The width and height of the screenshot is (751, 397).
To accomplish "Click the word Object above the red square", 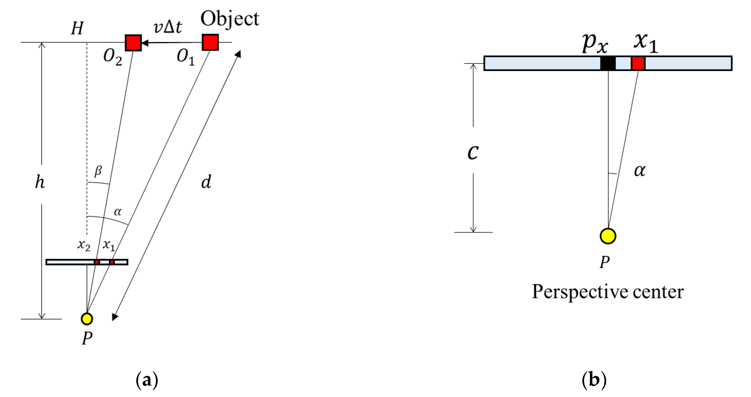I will tap(229, 19).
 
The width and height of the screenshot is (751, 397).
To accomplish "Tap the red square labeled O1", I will tap(210, 42).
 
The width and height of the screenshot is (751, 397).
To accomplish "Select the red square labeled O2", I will tap(133, 43).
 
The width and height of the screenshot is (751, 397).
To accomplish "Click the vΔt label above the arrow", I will tap(168, 27).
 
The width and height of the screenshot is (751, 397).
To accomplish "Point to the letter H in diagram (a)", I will tap(77, 29).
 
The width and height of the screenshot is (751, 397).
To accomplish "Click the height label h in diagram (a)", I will tap(40, 182).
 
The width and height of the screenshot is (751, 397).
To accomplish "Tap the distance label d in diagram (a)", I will tap(206, 182).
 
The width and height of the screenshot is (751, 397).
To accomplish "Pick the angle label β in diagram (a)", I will tap(98, 171).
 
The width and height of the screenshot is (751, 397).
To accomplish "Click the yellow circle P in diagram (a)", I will tap(87, 319).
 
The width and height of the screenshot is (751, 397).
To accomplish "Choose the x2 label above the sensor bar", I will tap(84, 245).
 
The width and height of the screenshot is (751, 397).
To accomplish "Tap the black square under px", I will tap(608, 63).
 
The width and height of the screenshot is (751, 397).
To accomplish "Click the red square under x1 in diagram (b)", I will tap(638, 63).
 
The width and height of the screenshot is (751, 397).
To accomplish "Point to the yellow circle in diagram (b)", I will tap(608, 236).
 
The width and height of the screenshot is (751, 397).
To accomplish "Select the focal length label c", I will tap(473, 152).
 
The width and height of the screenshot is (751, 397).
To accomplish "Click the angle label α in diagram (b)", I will tap(640, 170).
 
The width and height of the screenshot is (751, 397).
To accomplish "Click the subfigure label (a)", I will tap(147, 380).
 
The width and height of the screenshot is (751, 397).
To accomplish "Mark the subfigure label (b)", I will tap(594, 380).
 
